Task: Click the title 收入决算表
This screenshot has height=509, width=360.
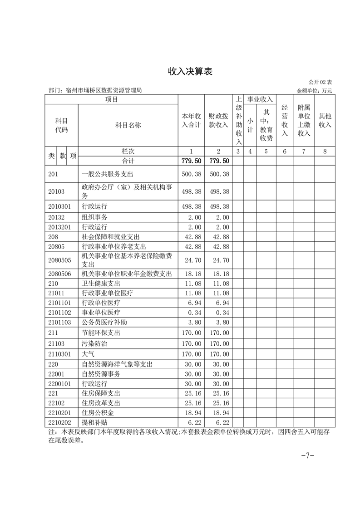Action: (190, 72)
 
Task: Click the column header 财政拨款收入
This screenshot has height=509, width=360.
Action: (218, 121)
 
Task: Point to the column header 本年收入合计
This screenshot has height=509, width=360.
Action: (191, 121)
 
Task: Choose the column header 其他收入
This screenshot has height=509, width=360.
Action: (325, 121)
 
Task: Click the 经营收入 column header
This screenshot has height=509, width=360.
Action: (285, 121)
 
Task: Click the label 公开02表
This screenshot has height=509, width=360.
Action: (321, 83)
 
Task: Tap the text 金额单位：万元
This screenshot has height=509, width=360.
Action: (315, 90)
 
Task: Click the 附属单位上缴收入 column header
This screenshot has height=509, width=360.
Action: (304, 121)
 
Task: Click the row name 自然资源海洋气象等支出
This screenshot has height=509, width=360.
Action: (117, 364)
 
